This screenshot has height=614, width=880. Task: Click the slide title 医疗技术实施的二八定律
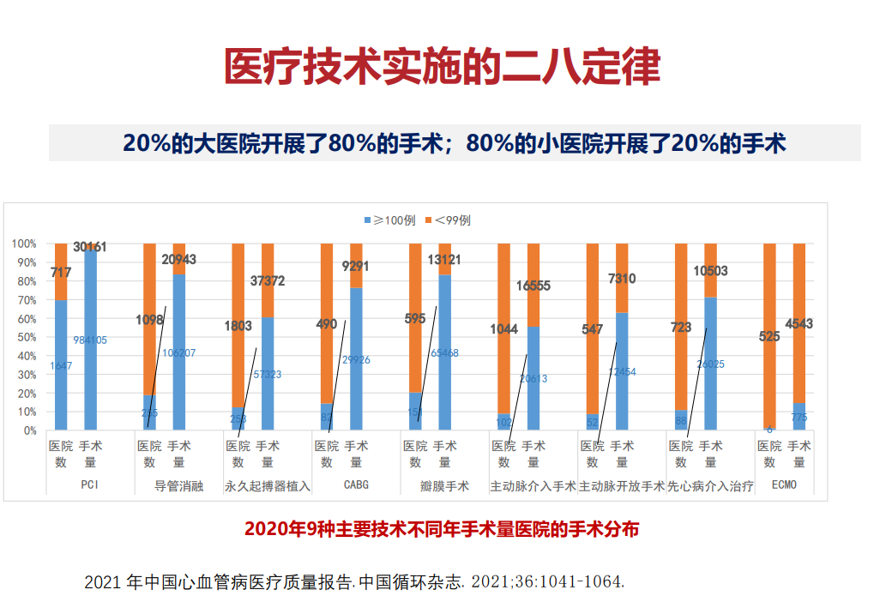(x=442, y=66)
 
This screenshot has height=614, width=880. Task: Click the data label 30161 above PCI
(x=90, y=247)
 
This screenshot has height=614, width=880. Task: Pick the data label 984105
(x=90, y=340)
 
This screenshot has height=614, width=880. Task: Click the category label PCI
(x=90, y=485)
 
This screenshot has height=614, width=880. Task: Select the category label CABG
(x=356, y=485)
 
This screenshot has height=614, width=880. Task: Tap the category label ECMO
(x=784, y=485)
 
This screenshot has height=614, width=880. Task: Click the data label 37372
(x=268, y=280)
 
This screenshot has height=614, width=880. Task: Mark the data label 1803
(x=238, y=326)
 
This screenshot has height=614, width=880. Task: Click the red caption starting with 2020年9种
(x=442, y=528)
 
